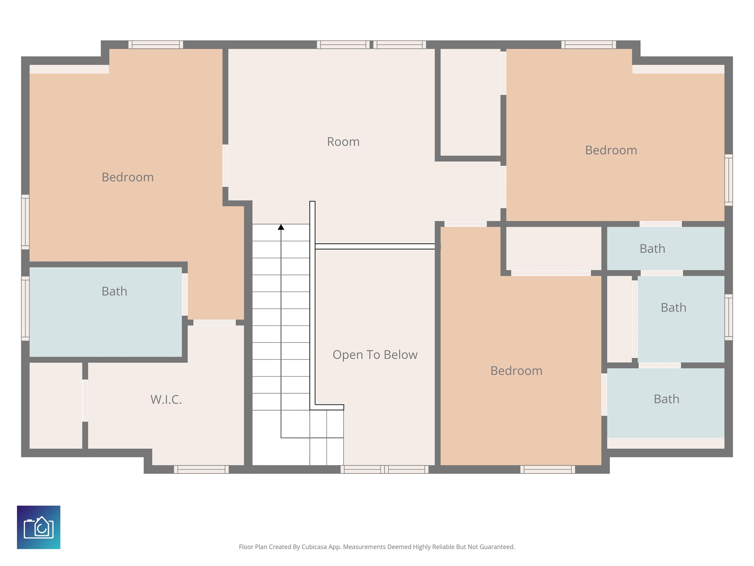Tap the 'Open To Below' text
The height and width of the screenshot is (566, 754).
coord(375,355)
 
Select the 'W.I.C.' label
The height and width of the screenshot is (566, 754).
coord(166,399)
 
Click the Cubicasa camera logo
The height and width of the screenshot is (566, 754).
coord(39,527)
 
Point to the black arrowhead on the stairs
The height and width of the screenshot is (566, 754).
coord(281,227)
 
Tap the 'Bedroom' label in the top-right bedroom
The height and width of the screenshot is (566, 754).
coord(611,150)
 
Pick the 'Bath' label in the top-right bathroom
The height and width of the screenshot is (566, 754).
coord(652,249)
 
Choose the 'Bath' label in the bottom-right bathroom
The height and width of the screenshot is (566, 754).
coord(666,399)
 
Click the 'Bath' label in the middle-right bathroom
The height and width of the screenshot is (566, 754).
coord(673,307)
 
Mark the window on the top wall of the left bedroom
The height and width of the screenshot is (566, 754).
coord(156,45)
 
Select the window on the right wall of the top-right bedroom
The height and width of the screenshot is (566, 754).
coord(728,180)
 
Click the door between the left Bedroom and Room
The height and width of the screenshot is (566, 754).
coord(225,166)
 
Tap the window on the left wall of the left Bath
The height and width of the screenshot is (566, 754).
coord(26,308)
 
